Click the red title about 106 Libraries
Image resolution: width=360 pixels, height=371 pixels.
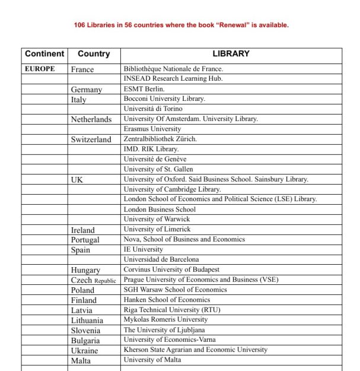181,25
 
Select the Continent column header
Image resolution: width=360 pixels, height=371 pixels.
44,54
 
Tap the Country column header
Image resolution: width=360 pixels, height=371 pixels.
94,54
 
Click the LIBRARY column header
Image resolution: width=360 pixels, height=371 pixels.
231,54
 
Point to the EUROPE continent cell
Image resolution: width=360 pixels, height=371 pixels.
40,69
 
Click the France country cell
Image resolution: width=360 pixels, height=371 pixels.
82,69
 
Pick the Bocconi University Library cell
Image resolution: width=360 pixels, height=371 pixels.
164,99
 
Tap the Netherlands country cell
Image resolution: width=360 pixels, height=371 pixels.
91,119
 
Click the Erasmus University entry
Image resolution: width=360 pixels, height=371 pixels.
152,129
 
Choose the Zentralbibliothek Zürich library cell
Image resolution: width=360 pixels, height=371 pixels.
160,139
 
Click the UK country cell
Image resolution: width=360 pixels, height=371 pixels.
77,179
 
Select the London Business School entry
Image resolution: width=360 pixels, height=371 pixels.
160,210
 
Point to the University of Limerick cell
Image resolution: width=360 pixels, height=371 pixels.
157,229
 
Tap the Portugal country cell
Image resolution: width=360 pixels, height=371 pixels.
85,240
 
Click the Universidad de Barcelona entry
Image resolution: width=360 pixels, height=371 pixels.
161,259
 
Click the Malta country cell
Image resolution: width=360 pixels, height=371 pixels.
81,360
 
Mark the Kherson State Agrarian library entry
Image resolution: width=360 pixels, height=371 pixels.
195,350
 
